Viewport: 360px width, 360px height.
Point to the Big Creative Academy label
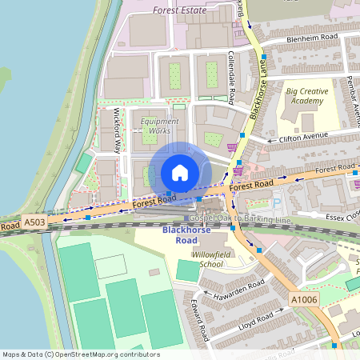[307, 96]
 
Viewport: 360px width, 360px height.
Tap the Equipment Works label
[160, 126]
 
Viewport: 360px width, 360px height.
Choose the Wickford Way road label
[118, 130]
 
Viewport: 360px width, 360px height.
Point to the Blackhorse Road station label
[179, 235]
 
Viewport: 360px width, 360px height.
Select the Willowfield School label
[201, 258]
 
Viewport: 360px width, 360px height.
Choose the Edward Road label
[201, 318]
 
